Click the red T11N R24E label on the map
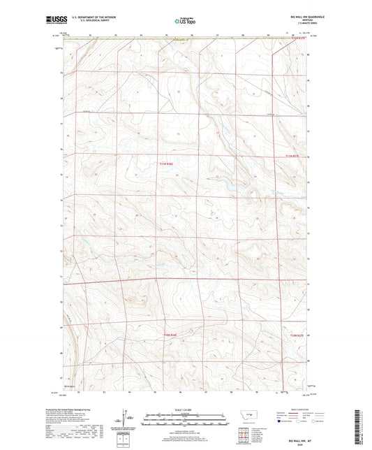[164, 164]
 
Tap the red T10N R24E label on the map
[171, 337]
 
